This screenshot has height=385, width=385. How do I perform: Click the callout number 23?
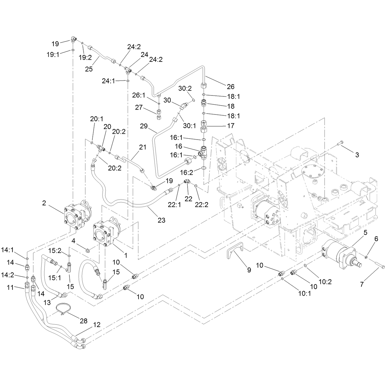point(161,220)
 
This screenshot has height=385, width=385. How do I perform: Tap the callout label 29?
point(144,126)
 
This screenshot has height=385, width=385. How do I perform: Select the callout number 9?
point(249,270)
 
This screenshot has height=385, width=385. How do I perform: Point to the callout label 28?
point(84,321)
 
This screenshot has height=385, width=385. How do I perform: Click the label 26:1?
point(139,95)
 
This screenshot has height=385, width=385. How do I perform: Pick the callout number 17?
point(231,126)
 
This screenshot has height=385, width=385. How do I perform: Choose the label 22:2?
point(202,204)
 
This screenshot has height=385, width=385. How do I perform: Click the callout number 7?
point(362,284)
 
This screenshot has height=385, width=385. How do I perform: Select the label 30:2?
point(185,88)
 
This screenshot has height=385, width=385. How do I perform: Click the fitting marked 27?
point(159,114)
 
